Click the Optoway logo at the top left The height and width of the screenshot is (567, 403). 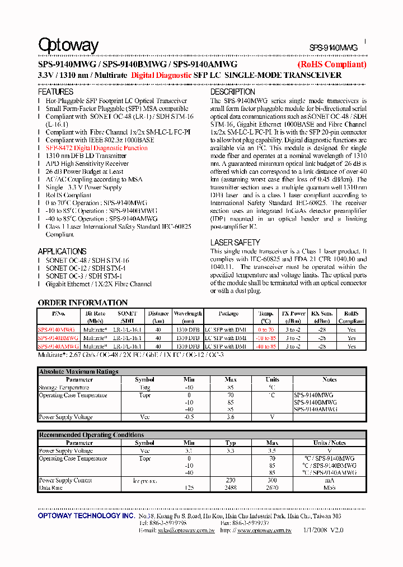tap(68, 45)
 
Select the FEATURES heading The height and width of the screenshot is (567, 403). tap(55, 92)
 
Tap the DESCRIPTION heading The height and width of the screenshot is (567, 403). tap(232, 92)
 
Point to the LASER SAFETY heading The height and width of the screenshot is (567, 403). tap(235, 243)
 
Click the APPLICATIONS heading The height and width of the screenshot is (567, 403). tap(62, 252)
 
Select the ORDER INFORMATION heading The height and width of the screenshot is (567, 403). tap(83, 303)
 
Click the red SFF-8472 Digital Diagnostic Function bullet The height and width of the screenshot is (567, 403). tap(97, 148)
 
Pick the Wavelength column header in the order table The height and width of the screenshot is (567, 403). tap(188, 314)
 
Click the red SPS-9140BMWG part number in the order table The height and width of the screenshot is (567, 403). tap(58, 338)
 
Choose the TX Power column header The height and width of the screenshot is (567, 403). tap(293, 314)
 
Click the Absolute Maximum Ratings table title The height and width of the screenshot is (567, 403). tap(78, 371)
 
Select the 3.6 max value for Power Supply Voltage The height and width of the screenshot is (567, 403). tap(231, 417)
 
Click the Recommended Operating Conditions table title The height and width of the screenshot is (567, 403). tap(91, 435)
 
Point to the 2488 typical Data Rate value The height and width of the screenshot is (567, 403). tap(231, 488)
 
